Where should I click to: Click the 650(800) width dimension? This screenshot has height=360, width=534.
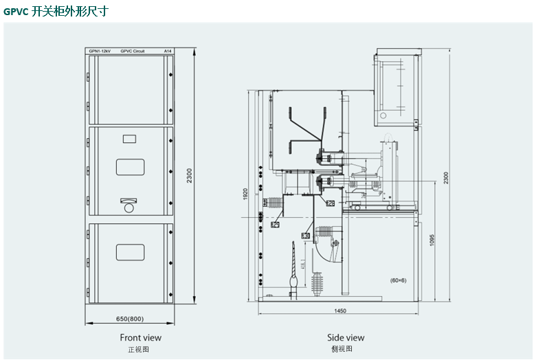[129, 318]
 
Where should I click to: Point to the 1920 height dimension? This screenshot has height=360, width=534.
[245, 194]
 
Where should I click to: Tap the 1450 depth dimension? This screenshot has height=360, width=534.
[340, 311]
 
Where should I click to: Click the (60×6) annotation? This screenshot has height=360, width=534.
[399, 280]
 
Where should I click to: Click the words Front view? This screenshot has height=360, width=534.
[140, 337]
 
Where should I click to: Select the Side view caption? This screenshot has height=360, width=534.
[346, 337]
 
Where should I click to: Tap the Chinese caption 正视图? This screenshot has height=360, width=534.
[138, 349]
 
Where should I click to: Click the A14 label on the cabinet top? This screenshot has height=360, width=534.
[167, 52]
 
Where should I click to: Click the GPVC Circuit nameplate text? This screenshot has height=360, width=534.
[132, 52]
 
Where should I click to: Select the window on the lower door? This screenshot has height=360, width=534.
[130, 252]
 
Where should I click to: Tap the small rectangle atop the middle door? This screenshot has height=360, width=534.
[129, 139]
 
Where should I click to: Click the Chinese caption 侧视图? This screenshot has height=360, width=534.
[341, 349]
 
